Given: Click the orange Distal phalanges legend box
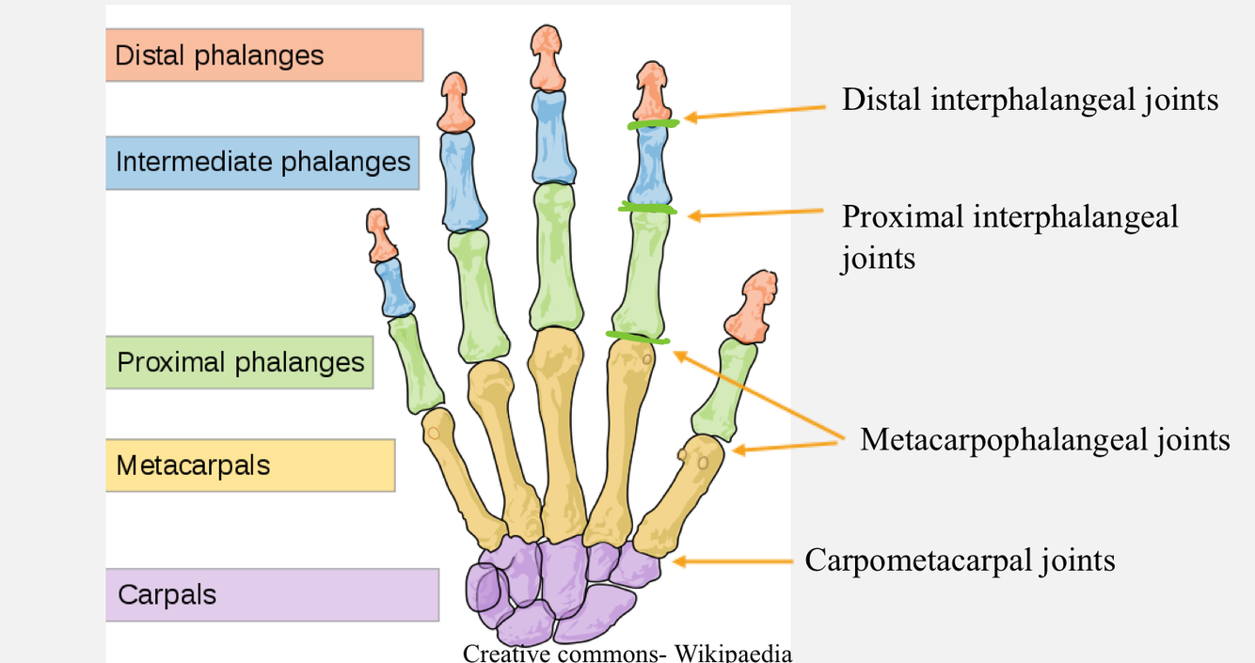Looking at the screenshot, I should (x=263, y=55).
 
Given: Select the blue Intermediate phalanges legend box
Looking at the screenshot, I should (x=262, y=163).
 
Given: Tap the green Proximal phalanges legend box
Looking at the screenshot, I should (x=239, y=362).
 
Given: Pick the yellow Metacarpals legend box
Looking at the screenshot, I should (x=249, y=465).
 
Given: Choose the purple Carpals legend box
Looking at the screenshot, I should (x=271, y=594).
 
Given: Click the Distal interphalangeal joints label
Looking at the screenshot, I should (x=1029, y=100).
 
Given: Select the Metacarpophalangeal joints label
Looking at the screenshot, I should (x=1044, y=439).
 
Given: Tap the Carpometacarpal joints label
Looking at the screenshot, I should (x=960, y=560).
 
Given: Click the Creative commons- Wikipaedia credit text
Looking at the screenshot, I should (x=627, y=653).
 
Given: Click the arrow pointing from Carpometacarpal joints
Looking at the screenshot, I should (x=734, y=561).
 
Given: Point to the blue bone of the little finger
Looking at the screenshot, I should (x=394, y=288).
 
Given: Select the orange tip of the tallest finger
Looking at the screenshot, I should (x=547, y=55).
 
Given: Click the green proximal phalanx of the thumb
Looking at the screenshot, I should (x=723, y=389).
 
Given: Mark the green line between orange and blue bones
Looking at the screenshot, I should (x=653, y=124).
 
